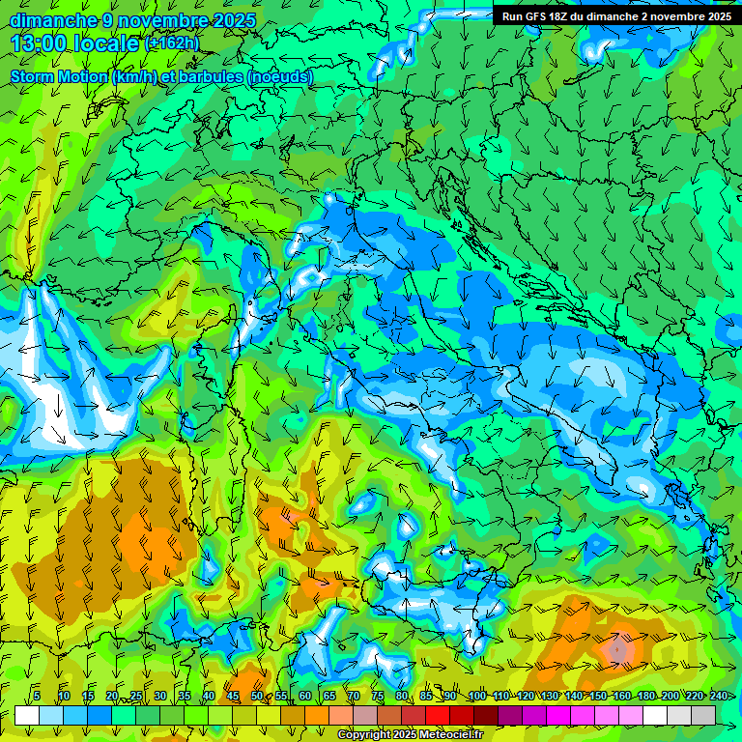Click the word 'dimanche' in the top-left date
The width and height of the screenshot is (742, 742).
pyautogui.click(x=50, y=20)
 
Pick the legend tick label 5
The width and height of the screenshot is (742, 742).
pyautogui.click(x=37, y=696)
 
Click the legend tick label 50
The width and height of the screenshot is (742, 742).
pyautogui.click(x=256, y=696)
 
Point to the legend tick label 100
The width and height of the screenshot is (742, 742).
pyautogui.click(x=476, y=696)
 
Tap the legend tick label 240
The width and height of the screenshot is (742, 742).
pyautogui.click(x=719, y=696)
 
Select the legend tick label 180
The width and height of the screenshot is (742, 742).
pyautogui.click(x=646, y=696)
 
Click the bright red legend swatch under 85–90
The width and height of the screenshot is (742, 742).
pyautogui.click(x=438, y=715)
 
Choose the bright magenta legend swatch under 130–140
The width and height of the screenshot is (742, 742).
pyautogui.click(x=558, y=715)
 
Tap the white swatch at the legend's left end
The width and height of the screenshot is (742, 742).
pyautogui.click(x=27, y=715)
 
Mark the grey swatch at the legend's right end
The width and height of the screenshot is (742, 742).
pyautogui.click(x=703, y=715)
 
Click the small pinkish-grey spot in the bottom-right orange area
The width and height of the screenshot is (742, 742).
pyautogui.click(x=618, y=652)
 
